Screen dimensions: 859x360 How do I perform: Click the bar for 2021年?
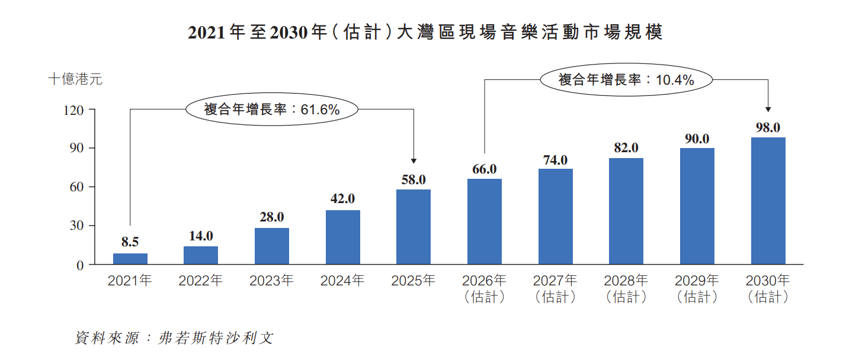130,259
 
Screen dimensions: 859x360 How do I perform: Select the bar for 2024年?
343,237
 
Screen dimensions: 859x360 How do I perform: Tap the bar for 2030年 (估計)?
768,201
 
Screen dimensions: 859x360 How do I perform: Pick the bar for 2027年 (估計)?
556,217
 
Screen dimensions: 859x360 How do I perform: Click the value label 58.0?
414,180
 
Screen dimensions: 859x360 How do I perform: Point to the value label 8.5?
130,242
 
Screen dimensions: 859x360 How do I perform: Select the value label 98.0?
768,128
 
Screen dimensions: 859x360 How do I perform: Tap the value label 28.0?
272,217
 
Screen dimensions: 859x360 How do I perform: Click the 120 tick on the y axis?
73,110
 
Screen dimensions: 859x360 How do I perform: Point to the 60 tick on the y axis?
76,187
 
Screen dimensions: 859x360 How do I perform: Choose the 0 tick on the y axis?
80,265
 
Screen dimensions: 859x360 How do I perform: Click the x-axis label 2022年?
201,281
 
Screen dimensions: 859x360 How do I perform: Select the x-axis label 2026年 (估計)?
485,289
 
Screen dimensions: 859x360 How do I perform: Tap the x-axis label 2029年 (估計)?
697,289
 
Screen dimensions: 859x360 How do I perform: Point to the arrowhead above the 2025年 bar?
414,161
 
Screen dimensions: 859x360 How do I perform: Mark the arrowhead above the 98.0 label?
768,110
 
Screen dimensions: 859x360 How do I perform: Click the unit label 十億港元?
75,79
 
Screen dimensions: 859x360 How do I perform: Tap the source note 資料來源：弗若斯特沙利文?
174,337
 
